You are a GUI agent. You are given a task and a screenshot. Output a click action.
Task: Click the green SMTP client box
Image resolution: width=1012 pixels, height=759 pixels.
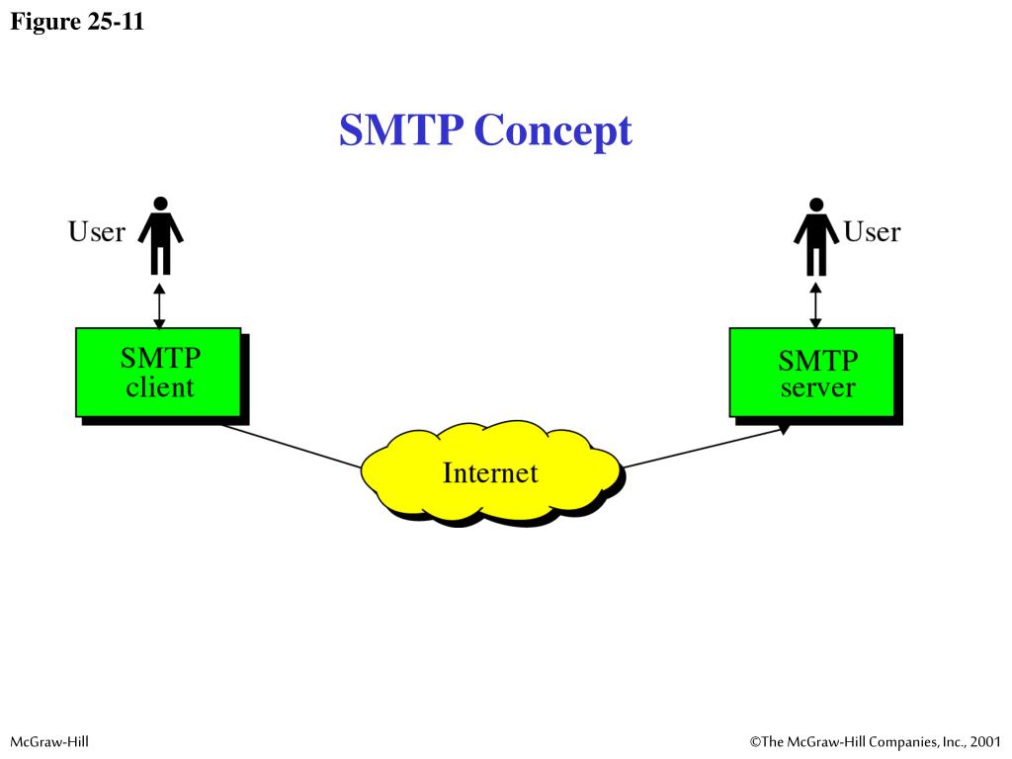tap(158, 372)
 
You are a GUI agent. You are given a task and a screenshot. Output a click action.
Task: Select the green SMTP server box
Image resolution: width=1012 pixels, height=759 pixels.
tap(811, 372)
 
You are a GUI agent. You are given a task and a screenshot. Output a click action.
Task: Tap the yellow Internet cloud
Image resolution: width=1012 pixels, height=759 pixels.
tap(491, 472)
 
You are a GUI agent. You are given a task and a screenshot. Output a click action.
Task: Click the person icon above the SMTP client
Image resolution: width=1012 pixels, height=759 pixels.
tap(160, 235)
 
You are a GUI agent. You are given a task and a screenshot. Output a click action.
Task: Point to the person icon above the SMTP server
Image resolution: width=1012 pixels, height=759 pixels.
tap(815, 235)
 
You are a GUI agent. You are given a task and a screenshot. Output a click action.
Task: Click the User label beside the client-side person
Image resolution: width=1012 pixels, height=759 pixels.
tap(96, 232)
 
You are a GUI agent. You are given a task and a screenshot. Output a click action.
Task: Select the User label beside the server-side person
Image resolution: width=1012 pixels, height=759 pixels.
tap(872, 232)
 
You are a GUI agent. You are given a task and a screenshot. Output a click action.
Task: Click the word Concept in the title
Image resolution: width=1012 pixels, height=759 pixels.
tap(552, 130)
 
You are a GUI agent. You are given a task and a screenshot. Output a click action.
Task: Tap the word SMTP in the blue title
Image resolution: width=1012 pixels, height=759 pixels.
tap(400, 130)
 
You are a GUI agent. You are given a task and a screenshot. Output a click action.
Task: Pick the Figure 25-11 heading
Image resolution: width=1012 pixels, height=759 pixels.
tap(77, 22)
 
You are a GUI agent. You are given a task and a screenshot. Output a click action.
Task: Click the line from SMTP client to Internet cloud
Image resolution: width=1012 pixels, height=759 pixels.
tap(292, 446)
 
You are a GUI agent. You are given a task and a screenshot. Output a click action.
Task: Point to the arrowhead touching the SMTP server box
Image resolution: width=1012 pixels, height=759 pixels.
tap(784, 429)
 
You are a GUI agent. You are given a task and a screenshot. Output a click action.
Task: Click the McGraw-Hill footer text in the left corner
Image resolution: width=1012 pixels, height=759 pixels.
tap(49, 741)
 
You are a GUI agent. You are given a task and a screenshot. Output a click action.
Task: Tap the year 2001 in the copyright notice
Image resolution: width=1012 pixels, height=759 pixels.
tap(985, 741)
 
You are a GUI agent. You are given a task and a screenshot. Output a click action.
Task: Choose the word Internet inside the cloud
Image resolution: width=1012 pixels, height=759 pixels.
tap(490, 472)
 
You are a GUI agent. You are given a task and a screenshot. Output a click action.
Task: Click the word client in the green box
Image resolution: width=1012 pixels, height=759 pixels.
tap(160, 386)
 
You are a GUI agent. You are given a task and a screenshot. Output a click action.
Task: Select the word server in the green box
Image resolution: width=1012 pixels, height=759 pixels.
tap(817, 387)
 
